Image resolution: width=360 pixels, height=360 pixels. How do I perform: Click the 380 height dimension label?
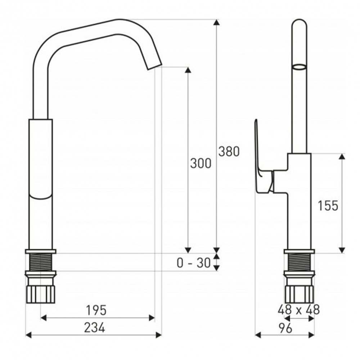click(229, 151)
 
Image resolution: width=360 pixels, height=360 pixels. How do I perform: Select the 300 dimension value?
click(201, 163)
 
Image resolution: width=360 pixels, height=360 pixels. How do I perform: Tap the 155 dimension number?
click(328, 206)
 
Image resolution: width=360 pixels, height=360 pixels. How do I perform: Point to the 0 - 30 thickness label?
click(194, 263)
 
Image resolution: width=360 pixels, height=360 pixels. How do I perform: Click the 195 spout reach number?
click(96, 310)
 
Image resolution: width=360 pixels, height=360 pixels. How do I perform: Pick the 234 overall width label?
click(95, 327)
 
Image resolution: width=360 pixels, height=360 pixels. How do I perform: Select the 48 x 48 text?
click(298, 310)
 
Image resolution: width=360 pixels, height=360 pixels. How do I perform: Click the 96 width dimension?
click(285, 328)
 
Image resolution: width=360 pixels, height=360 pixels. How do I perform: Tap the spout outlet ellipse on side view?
click(299, 67)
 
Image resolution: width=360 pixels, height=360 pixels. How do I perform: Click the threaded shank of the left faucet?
click(40, 262)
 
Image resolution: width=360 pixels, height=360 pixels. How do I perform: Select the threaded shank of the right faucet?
click(299, 262)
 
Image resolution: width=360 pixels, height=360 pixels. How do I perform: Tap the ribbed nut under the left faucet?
click(40, 294)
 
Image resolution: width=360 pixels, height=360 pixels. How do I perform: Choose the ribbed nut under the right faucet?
click(299, 294)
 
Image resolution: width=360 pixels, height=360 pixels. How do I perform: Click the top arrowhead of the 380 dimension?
click(216, 22)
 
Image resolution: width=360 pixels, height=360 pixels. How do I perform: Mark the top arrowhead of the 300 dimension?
click(188, 70)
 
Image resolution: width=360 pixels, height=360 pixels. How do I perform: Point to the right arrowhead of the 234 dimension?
click(159, 335)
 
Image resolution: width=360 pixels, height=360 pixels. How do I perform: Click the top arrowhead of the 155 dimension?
click(342, 157)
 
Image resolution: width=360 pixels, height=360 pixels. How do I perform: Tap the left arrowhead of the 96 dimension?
click(258, 335)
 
